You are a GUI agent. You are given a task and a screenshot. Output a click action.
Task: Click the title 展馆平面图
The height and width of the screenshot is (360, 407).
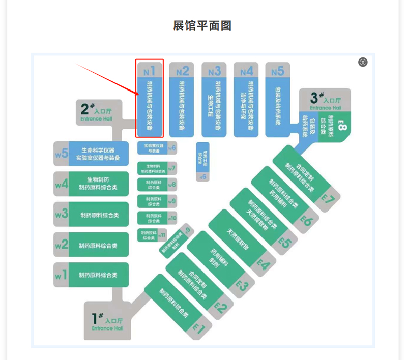(202, 25)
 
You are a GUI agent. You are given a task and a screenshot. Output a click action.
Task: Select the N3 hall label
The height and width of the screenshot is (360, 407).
(214, 70)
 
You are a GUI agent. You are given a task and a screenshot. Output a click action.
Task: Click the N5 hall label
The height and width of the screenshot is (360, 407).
(277, 70)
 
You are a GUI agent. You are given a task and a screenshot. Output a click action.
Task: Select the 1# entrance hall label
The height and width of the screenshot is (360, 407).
(105, 321)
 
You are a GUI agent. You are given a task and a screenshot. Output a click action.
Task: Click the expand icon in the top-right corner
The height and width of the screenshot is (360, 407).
(363, 62)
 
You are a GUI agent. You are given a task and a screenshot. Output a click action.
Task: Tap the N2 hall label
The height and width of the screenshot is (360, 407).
(182, 70)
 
